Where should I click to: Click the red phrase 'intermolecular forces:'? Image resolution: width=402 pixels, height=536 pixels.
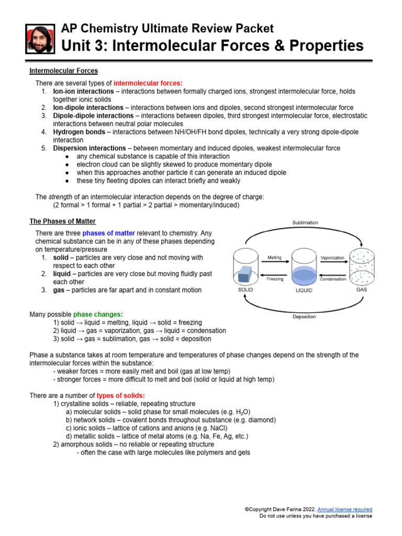click(148, 83)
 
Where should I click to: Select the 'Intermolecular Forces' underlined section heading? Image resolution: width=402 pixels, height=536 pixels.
click(63, 71)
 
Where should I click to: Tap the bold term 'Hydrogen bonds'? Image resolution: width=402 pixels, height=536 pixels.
click(79, 132)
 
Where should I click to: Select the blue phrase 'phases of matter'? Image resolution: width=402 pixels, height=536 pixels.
click(108, 233)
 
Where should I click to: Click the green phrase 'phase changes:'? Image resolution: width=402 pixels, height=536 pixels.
click(98, 314)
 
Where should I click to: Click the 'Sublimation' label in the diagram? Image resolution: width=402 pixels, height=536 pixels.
click(305, 222)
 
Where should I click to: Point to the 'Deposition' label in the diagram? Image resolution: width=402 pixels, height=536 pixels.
click(304, 317)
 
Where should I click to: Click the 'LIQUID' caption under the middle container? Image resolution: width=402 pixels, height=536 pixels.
click(304, 290)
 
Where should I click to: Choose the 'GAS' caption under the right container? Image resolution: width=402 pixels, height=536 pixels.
click(361, 289)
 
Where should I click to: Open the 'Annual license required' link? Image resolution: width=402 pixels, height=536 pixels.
click(345, 509)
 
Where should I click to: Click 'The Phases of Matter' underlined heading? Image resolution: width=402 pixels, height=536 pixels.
click(62, 221)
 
